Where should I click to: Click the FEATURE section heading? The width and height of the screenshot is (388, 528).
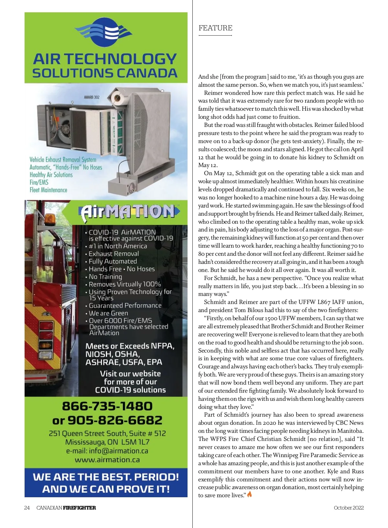(x=215, y=28)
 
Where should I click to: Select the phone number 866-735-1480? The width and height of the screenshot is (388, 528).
(x=107, y=406)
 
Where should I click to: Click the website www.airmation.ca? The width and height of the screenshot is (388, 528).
(x=107, y=460)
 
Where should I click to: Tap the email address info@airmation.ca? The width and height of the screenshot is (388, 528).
(x=118, y=451)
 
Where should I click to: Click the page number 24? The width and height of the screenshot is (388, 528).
(x=27, y=508)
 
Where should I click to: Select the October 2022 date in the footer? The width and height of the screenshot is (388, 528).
(x=349, y=508)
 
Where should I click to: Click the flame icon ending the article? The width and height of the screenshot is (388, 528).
(x=249, y=494)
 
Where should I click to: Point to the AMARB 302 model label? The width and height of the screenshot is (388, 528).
(x=92, y=97)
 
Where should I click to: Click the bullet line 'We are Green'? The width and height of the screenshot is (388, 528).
(x=108, y=313)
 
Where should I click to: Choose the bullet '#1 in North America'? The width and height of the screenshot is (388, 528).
(x=118, y=246)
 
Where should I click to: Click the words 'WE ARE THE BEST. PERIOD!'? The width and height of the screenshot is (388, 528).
(x=106, y=477)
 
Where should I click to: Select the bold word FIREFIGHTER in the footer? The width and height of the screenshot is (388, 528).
(x=79, y=508)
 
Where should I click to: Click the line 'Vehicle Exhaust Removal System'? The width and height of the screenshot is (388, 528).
(x=63, y=160)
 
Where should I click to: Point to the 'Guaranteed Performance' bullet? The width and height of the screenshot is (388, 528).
(x=125, y=306)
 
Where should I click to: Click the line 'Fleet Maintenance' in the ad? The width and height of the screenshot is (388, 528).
(x=48, y=190)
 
